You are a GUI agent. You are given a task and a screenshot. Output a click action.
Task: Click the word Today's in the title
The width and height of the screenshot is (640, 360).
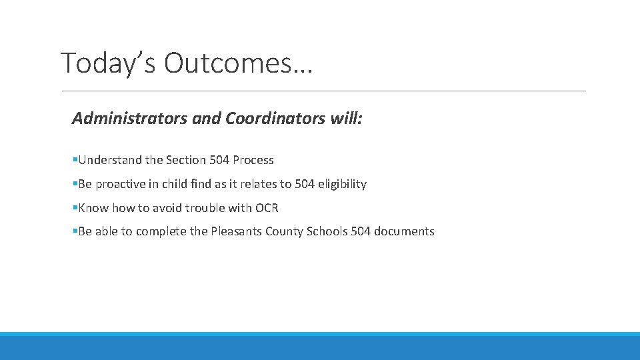click(107, 63)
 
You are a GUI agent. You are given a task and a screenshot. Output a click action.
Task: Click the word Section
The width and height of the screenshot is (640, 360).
click(185, 160)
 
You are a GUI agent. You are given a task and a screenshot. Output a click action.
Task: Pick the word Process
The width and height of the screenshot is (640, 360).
click(253, 160)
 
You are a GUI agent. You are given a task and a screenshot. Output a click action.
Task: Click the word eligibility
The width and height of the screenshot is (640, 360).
click(342, 184)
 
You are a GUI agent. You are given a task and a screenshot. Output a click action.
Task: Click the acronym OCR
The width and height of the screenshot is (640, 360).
click(267, 208)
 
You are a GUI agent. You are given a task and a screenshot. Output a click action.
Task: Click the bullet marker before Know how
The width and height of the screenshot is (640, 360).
click(75, 208)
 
